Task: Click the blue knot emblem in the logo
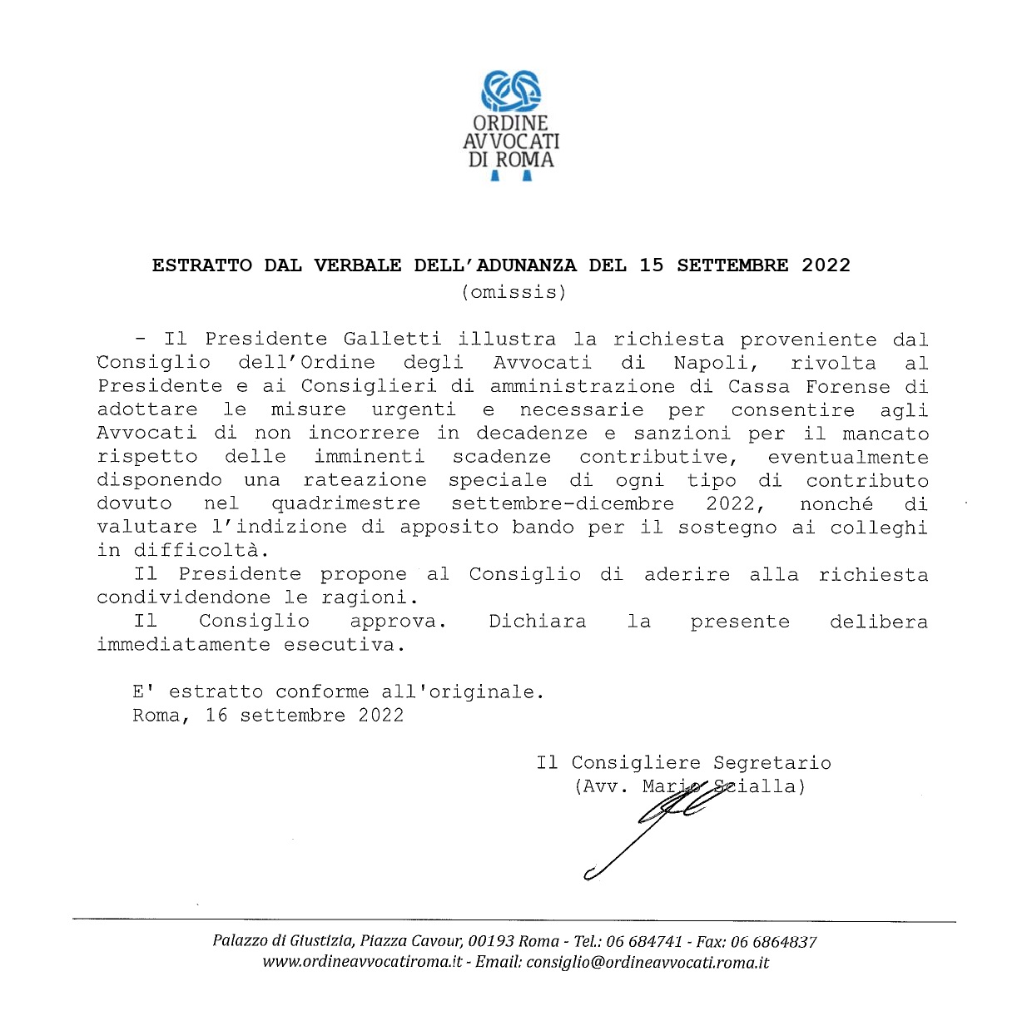[x=512, y=91]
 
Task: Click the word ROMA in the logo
[x=525, y=160]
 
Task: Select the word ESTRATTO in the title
[x=202, y=265]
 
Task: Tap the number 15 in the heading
[x=652, y=265]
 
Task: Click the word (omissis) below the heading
[x=514, y=292]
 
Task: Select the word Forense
[x=847, y=386]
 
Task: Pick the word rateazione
[x=365, y=480]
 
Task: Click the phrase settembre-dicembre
[x=563, y=503]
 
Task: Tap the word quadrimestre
[x=345, y=503]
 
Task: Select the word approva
[x=398, y=622]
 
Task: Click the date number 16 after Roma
[x=216, y=716]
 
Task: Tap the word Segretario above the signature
[x=772, y=763]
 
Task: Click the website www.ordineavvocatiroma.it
[x=362, y=963]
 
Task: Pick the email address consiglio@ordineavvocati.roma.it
[x=647, y=963]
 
